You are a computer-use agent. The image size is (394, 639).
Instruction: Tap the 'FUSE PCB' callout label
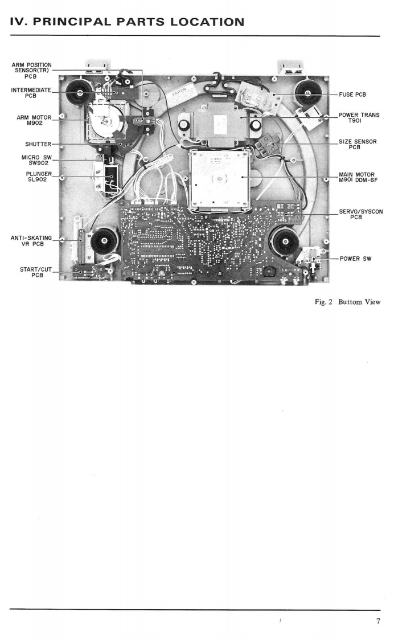(x=352, y=95)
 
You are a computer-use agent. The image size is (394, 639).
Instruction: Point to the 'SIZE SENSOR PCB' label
(x=359, y=145)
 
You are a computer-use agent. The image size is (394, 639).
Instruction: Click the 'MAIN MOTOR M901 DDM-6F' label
(x=359, y=178)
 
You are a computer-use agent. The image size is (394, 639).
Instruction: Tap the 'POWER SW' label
(x=355, y=259)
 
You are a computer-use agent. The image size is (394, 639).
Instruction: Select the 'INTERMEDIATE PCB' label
(x=31, y=93)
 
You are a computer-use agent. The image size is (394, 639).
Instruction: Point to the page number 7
(x=378, y=621)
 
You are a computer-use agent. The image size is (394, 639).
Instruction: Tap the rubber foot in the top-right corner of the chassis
(x=308, y=90)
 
